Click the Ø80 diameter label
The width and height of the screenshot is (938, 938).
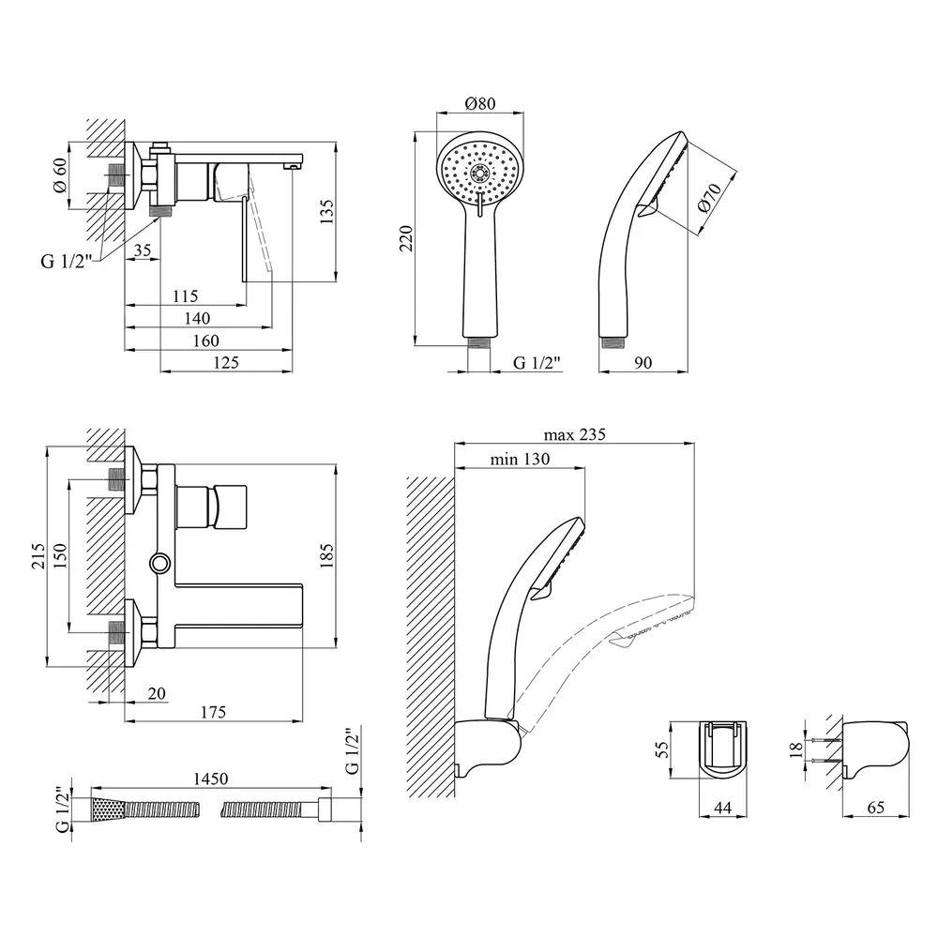[x=479, y=104]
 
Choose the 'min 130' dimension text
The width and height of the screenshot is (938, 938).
[x=520, y=460]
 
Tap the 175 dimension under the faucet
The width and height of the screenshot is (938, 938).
[x=214, y=713]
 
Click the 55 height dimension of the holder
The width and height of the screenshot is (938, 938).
[x=662, y=749]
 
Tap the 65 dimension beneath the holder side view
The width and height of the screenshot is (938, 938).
[x=875, y=809]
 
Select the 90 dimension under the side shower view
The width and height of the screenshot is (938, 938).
[x=643, y=363]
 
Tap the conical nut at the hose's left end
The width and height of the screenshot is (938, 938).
[x=105, y=809]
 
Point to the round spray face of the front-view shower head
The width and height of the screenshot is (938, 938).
[x=479, y=174]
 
